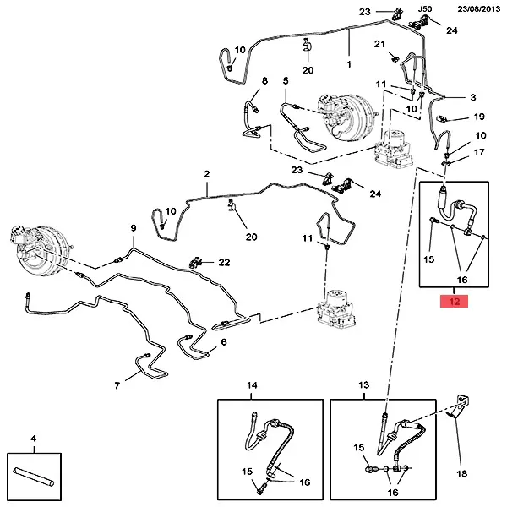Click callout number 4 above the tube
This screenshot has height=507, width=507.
[x=33, y=439]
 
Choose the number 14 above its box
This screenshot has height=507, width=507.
[x=252, y=385]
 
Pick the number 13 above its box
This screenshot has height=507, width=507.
[x=364, y=385]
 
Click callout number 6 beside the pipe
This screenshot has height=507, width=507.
[x=224, y=342]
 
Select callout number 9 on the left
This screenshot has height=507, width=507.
[x=133, y=229]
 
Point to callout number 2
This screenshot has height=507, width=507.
[x=206, y=174]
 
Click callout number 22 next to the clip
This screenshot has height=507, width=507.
[x=224, y=263]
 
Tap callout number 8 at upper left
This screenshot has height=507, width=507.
[x=264, y=81]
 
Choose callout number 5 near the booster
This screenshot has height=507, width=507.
[x=286, y=81]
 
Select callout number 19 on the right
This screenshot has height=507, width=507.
[x=478, y=117]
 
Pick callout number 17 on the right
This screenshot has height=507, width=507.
[x=480, y=152]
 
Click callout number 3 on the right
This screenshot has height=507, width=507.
[x=473, y=98]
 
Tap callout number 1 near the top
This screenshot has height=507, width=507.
[x=349, y=63]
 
